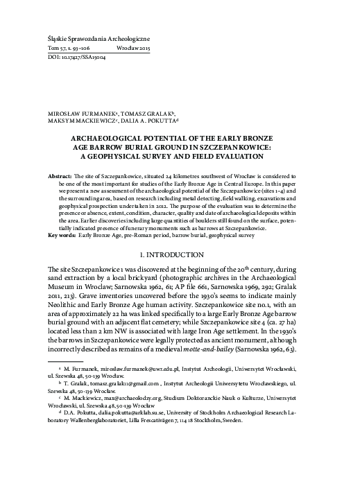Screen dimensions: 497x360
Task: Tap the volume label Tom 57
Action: point(54,51)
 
